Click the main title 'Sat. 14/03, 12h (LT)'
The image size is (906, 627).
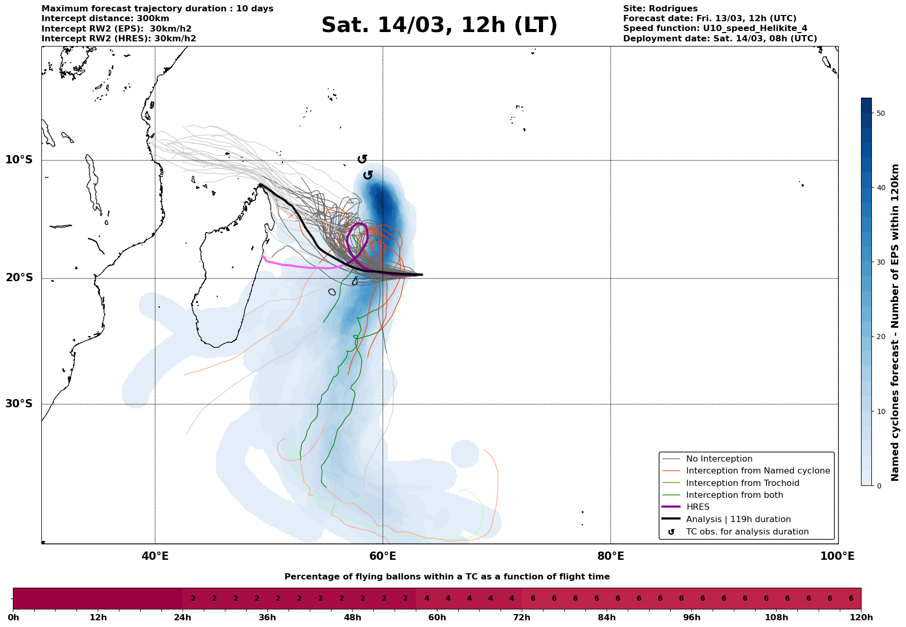click(439, 25)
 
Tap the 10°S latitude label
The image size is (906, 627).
click(19, 160)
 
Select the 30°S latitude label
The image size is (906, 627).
click(19, 404)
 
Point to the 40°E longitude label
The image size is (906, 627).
click(155, 556)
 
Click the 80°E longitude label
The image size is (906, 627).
click(610, 556)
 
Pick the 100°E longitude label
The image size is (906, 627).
click(838, 556)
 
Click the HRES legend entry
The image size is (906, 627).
click(698, 507)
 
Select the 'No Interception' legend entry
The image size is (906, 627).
click(719, 459)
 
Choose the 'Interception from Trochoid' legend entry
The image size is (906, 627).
click(742, 483)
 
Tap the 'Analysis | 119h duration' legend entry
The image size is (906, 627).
click(738, 519)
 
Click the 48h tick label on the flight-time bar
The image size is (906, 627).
click(352, 618)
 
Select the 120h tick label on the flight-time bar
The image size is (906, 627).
click(860, 618)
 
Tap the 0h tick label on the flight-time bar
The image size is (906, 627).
click(13, 618)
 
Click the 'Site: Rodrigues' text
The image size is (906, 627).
click(660, 9)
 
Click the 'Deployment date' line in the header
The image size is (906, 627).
click(720, 39)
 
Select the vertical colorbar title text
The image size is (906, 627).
click(896, 323)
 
